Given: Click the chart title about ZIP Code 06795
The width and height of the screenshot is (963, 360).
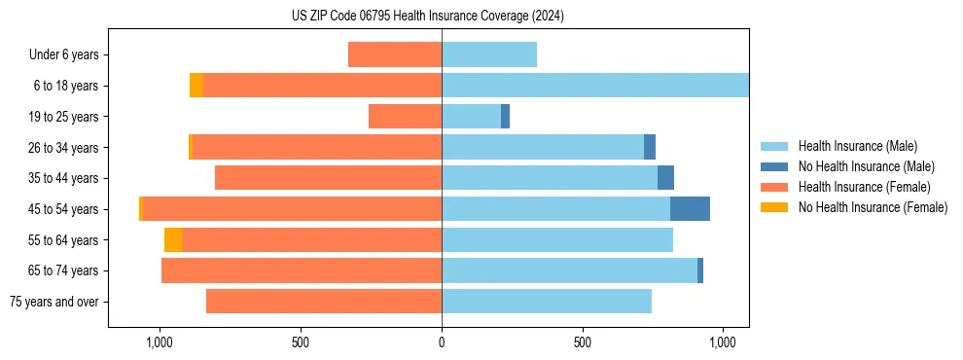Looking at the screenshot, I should (427, 17).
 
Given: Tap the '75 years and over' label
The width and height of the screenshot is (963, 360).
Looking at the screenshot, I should (54, 302).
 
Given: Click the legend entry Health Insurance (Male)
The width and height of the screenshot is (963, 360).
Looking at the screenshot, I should (857, 146).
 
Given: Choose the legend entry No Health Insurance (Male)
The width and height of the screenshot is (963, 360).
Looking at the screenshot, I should (866, 166).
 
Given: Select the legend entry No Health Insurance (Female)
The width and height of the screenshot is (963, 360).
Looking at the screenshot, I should (873, 207).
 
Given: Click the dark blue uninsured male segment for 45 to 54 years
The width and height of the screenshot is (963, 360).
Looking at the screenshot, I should (690, 209).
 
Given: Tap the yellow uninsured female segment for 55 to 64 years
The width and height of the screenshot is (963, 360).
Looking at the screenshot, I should (173, 240).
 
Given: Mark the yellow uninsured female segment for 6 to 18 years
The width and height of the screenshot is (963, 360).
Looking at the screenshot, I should (196, 86).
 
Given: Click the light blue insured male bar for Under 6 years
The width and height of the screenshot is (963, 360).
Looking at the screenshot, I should (489, 55).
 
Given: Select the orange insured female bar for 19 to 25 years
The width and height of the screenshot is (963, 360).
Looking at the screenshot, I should (405, 117).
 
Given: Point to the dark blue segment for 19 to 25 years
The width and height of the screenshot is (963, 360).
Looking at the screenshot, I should (505, 117).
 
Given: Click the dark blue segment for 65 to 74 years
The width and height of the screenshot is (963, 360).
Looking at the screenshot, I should (700, 270).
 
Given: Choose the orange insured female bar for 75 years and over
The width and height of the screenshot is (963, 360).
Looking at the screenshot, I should (324, 302).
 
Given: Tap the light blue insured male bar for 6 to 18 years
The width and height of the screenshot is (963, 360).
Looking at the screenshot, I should (595, 86).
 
